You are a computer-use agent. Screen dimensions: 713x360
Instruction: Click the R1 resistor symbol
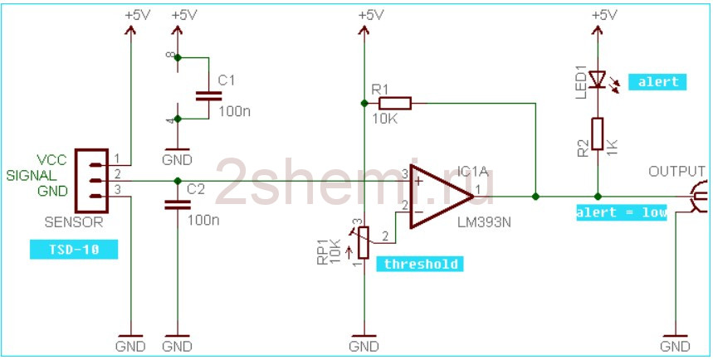coord(395,103)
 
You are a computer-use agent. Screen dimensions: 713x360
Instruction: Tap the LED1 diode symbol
coord(598,79)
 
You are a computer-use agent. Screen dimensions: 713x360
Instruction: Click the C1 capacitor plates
coord(208,96)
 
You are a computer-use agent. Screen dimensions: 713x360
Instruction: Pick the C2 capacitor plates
coord(178,205)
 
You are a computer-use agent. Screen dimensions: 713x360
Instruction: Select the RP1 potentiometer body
coord(363,242)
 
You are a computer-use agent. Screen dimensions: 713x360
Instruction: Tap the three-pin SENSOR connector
coord(91,181)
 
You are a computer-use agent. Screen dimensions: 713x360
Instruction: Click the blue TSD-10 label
coord(74,250)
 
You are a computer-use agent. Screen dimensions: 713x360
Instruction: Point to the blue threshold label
coord(420,264)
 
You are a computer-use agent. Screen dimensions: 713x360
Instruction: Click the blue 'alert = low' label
coord(622,212)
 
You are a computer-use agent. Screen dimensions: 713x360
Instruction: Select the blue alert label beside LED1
coord(657,82)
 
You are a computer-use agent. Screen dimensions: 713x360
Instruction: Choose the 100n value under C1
coord(234,111)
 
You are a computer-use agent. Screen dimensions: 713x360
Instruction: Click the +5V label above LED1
coord(605,15)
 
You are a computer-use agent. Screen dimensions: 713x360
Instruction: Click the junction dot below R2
coord(598,197)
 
